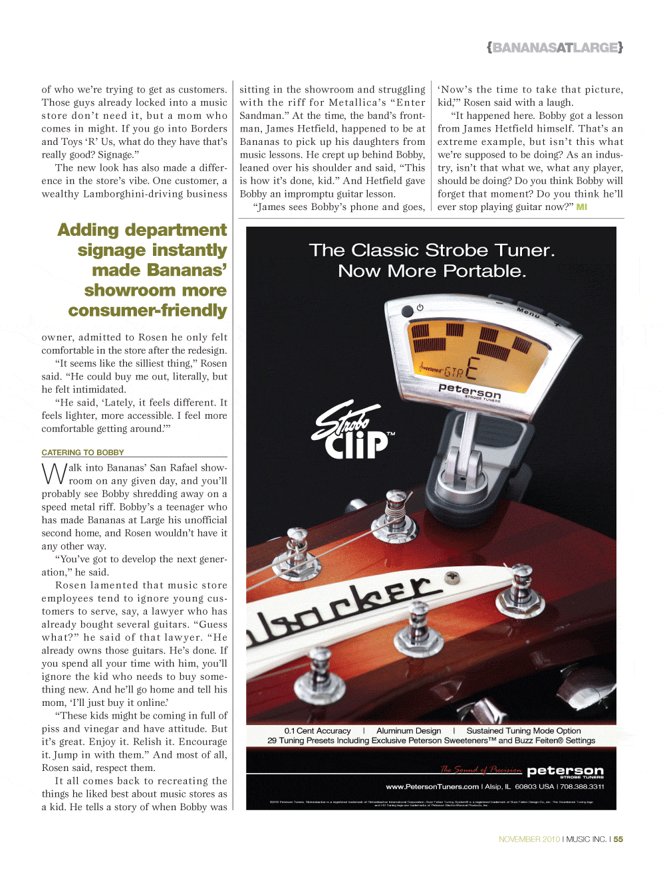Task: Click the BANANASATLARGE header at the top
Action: (555, 48)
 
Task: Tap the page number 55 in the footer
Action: (618, 839)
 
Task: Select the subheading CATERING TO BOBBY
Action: (82, 453)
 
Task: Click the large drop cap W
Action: (54, 474)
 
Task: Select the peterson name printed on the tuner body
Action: (469, 391)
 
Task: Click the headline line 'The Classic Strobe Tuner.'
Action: (432, 251)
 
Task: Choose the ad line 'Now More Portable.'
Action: (432, 271)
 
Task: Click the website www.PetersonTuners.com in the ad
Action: (432, 787)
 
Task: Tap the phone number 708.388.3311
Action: (582, 787)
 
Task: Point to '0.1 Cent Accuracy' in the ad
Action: (317, 731)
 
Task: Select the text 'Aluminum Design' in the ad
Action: (408, 731)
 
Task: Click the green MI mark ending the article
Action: (582, 207)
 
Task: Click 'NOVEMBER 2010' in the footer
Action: (529, 839)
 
